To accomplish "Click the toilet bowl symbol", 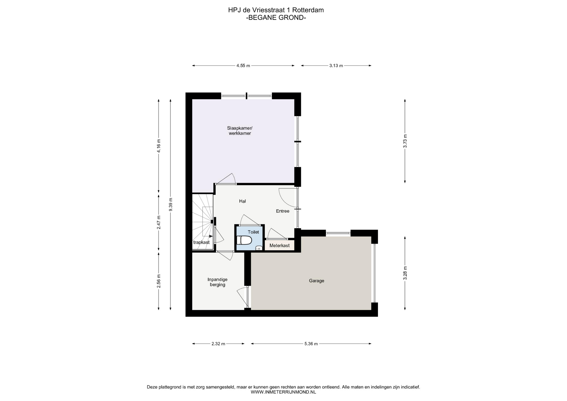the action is coord(244,240).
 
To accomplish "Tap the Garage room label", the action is coord(317,281).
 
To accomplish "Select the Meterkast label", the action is coord(279,246).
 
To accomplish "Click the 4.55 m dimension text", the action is coord(243,66).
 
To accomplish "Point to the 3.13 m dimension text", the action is coord(336,66).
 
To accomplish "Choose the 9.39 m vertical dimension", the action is coord(170,204).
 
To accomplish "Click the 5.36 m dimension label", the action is coord(311,344).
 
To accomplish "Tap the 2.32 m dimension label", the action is coord(218,344).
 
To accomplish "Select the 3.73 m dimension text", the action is coord(405,141).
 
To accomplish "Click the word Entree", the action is coord(283,211).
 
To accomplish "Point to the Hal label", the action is coord(242,201).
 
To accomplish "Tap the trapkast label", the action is coord(201,242).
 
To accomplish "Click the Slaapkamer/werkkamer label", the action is coord(240,131).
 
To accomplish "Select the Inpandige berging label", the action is coord(217,282).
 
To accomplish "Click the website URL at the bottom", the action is coord(283,392).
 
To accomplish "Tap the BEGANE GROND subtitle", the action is coord(276,17).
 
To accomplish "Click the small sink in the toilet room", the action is coord(259,248).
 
